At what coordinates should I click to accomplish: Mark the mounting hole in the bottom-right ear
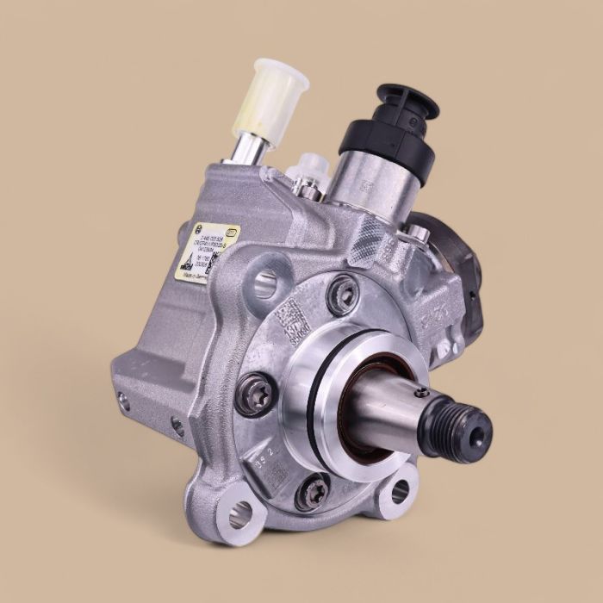[x=400, y=492]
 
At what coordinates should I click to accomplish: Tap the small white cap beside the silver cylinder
[x=308, y=165]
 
